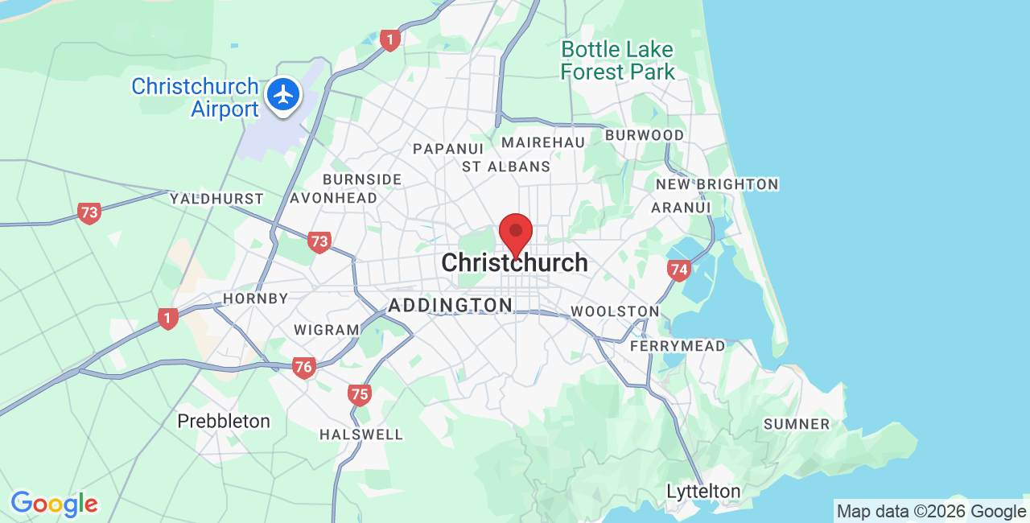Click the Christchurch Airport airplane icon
283,95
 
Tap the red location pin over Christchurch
516,233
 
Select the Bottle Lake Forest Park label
617,60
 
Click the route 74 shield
679,270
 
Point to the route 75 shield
360,393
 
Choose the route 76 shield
303,368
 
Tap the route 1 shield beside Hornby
167,318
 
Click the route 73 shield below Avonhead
319,241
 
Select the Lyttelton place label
703,491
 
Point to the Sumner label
796,424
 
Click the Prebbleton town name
224,421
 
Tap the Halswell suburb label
361,434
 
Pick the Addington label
450,305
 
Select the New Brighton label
717,184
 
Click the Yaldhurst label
216,199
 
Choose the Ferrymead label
678,346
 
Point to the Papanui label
448,149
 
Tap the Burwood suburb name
645,135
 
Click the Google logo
54,504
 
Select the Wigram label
327,330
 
